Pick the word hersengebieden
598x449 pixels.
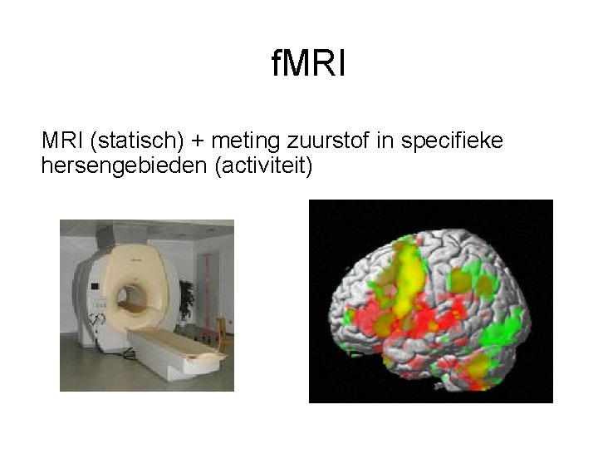point(124,166)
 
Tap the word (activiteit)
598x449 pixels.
point(263,166)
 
